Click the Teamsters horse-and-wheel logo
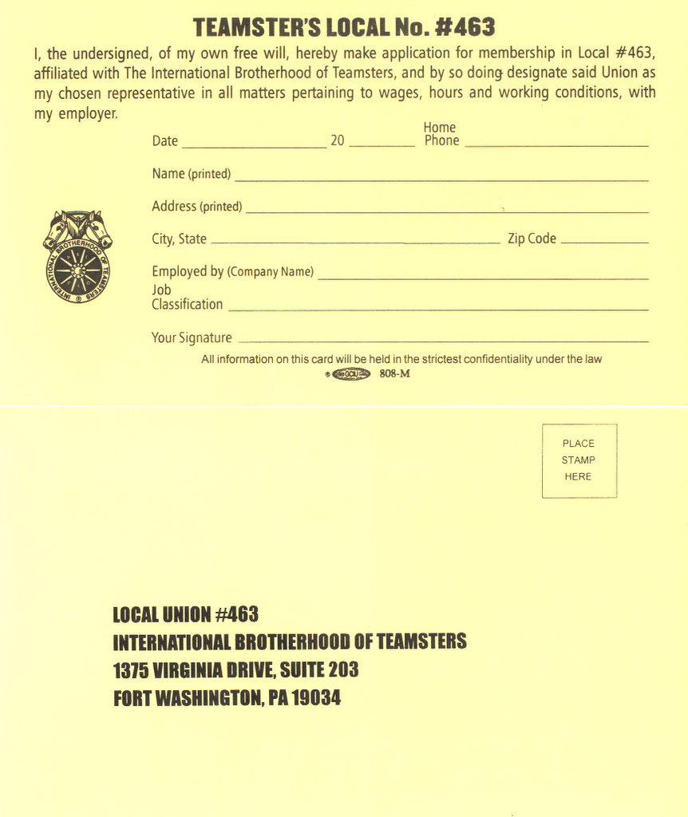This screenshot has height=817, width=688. point(77,256)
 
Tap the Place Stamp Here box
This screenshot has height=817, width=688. point(579,460)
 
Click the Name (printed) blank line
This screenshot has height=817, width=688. point(441,179)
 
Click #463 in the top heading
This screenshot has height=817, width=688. point(465,27)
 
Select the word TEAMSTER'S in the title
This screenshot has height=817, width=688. point(256,27)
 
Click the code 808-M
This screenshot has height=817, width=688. point(395,374)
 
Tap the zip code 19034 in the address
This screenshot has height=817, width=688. point(316,698)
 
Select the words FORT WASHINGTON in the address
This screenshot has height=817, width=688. point(188,698)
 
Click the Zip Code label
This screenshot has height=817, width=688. point(532,239)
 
